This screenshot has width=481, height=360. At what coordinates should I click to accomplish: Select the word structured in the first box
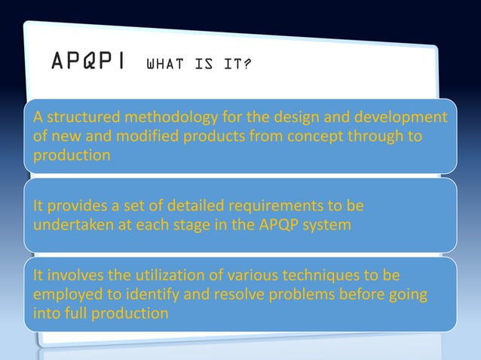coord(74,119)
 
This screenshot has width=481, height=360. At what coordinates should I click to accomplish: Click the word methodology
coord(160,119)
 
